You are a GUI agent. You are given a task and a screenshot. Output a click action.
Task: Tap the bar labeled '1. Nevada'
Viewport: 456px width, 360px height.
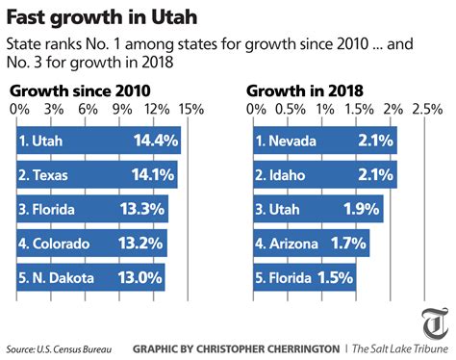pyautogui.click(x=322, y=141)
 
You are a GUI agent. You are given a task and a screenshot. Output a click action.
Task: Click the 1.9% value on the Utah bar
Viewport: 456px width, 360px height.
pyautogui.click(x=360, y=209)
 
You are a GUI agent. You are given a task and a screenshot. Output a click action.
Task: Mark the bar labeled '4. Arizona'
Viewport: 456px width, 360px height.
pyautogui.click(x=309, y=243)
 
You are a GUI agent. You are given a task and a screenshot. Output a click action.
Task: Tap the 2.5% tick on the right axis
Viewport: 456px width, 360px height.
pyautogui.click(x=424, y=109)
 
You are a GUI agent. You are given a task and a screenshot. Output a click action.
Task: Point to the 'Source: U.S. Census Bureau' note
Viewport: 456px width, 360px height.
pyautogui.click(x=54, y=347)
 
